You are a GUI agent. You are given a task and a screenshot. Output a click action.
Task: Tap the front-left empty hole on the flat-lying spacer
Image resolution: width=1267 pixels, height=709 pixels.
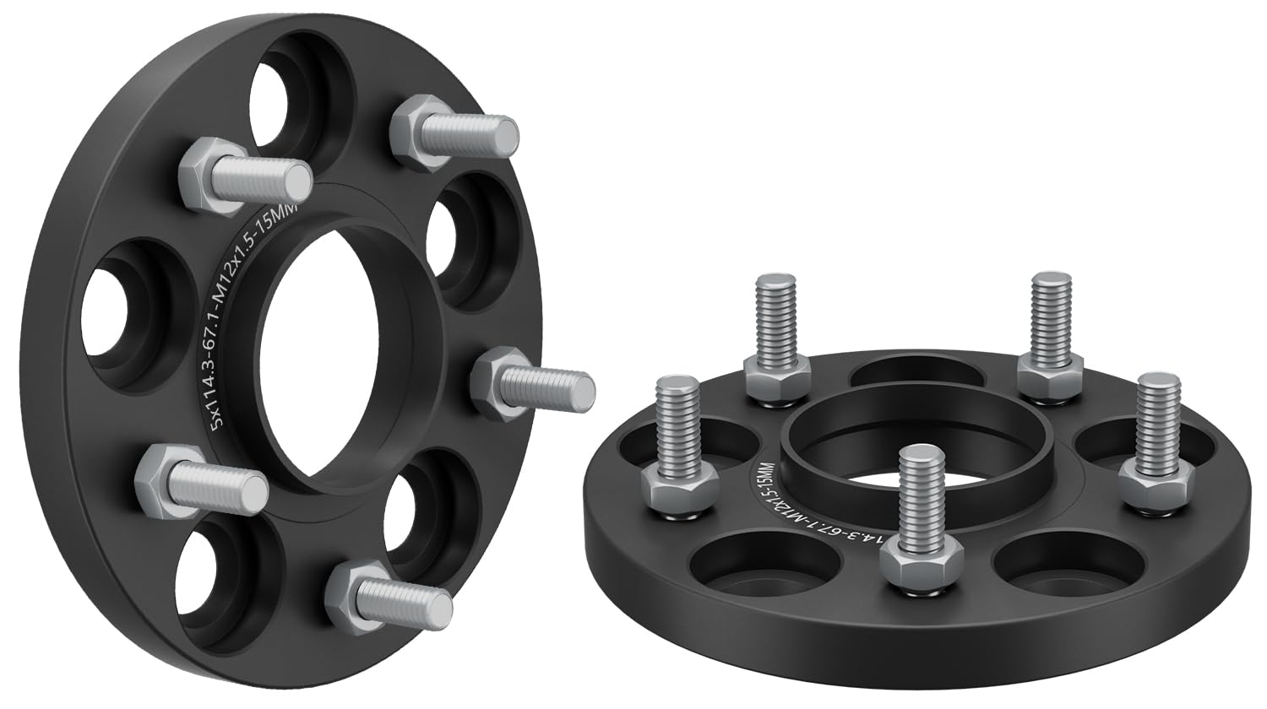(764, 561)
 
